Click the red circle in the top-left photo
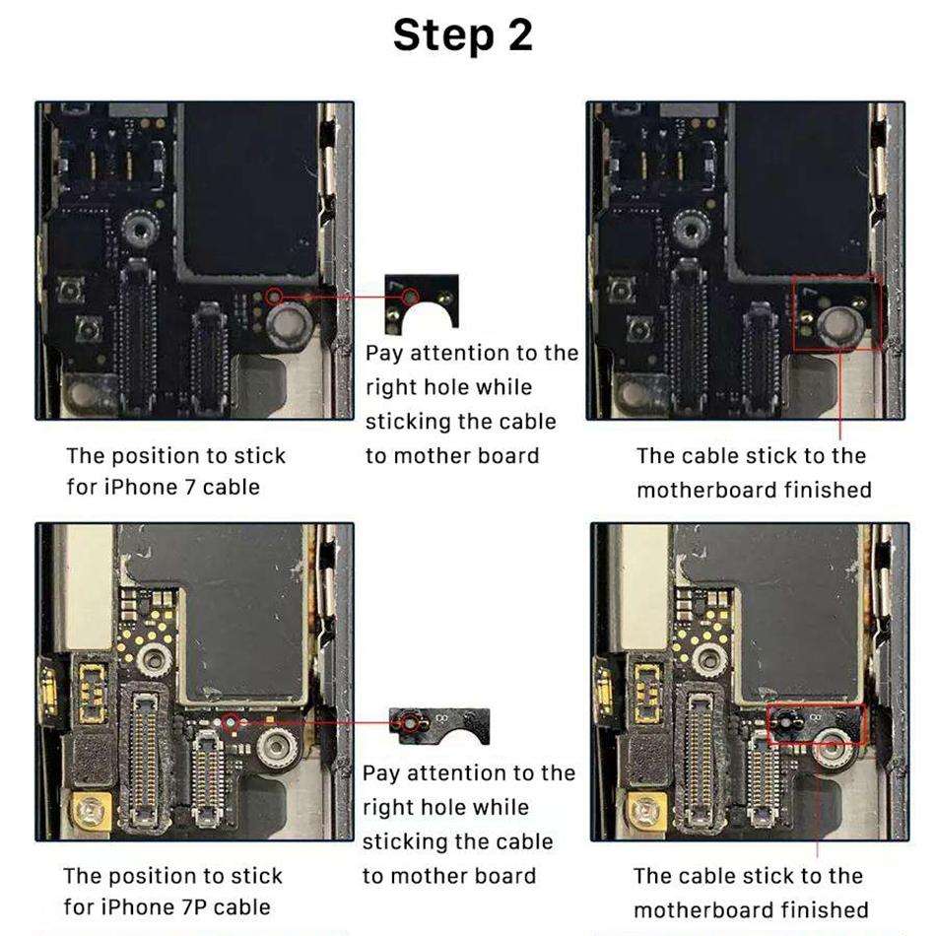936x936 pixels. pos(275,295)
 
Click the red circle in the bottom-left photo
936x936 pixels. pos(232,723)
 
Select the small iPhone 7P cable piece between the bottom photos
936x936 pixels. pos(428,727)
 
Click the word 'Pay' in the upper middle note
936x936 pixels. pos(384,353)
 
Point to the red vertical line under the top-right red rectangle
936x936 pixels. pos(840,394)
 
